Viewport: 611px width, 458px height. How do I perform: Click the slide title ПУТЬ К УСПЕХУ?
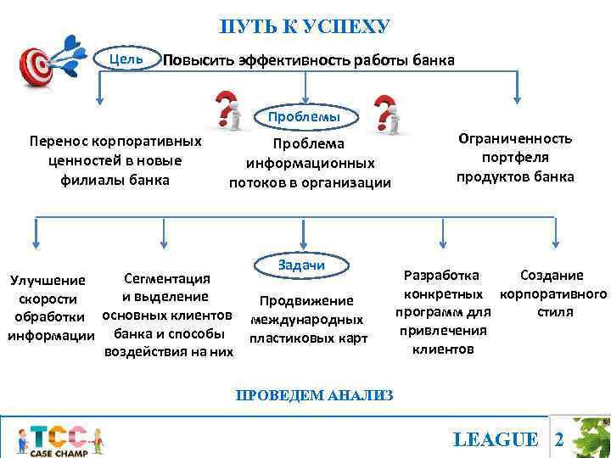point(305,27)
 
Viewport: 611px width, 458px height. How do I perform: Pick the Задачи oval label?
point(301,265)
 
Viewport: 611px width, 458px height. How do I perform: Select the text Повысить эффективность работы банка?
point(309,61)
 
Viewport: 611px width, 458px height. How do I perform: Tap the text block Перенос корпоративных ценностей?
point(115,159)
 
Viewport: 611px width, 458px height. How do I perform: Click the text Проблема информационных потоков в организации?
point(310,163)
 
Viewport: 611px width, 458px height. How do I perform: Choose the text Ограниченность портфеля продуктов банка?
point(515,158)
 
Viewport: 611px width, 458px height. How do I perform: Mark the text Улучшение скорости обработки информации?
point(51,308)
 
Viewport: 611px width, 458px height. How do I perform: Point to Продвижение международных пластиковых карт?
point(306,320)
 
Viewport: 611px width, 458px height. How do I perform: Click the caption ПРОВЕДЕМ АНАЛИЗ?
point(314,394)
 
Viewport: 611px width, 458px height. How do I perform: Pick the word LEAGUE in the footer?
point(496,439)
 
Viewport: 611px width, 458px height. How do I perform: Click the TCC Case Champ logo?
point(59,439)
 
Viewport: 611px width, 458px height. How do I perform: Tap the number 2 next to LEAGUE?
point(558,439)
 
